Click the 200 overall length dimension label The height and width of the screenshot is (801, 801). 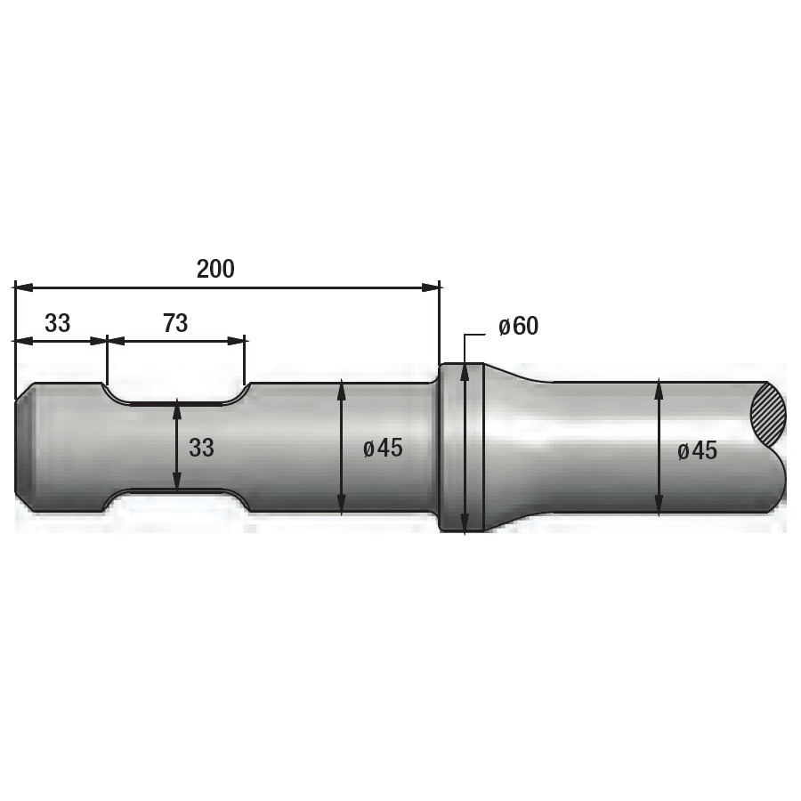215,269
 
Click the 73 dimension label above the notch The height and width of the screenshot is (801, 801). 175,323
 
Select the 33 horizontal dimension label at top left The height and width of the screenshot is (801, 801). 57,323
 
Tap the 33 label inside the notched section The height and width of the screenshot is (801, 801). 201,448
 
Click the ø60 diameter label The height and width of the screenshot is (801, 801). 519,327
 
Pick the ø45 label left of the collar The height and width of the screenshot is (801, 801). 383,449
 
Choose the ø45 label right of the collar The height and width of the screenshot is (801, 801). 697,451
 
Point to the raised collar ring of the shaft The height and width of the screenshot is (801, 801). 461,447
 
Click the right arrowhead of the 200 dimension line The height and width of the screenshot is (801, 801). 431,288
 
